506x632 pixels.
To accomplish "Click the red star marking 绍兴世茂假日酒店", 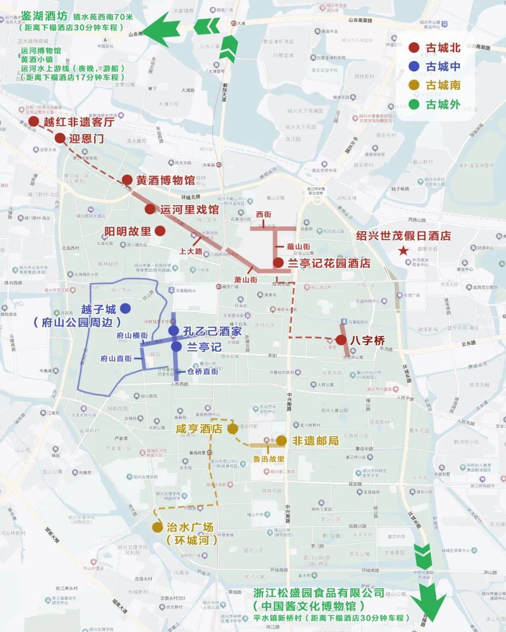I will (403, 251).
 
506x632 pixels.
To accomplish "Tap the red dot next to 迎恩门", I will (60, 138).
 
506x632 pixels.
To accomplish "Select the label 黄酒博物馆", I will (165, 180).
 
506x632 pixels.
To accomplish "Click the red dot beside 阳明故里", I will (160, 231).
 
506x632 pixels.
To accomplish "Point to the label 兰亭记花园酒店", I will (329, 263).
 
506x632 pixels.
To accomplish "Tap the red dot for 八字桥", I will (341, 340).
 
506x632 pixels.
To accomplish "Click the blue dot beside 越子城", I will (125, 309).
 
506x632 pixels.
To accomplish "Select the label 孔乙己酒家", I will (212, 331).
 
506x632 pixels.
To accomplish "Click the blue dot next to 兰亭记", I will (176, 347).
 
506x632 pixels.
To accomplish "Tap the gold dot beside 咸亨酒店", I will (232, 429).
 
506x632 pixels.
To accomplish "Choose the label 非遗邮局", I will (315, 441).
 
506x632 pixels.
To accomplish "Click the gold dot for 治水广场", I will (157, 527).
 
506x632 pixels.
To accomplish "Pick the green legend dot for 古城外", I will (414, 104).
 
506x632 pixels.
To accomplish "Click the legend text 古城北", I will (443, 48).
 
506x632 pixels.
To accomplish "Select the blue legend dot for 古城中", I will (414, 66).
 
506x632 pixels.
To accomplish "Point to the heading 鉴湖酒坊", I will (44, 16).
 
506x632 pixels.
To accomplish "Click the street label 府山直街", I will (116, 359).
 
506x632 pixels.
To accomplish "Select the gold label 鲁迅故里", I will (268, 459).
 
